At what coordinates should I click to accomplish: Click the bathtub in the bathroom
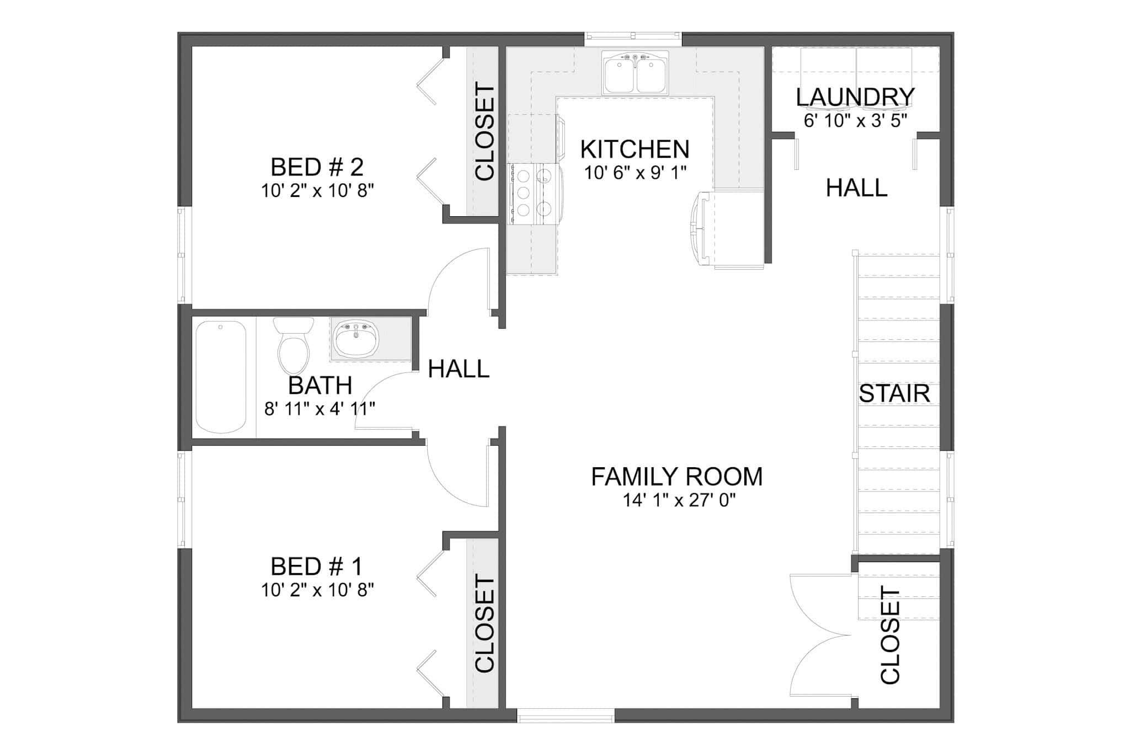pyautogui.click(x=221, y=377)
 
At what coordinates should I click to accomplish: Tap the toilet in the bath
pyautogui.click(x=294, y=346)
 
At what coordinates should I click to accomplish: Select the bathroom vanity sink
pyautogui.click(x=356, y=339)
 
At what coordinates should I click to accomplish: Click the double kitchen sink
pyautogui.click(x=635, y=74)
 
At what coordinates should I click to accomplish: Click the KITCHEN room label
pyautogui.click(x=635, y=149)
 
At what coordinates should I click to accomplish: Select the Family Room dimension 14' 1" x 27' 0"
pyautogui.click(x=679, y=500)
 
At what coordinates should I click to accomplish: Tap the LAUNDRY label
pyautogui.click(x=855, y=98)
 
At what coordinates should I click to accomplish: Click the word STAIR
pyautogui.click(x=894, y=394)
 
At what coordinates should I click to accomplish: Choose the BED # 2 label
pyautogui.click(x=317, y=167)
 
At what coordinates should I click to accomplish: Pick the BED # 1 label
pyautogui.click(x=317, y=567)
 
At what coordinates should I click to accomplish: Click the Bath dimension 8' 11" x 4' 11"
pyautogui.click(x=319, y=409)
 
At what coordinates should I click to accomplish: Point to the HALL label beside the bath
pyautogui.click(x=459, y=369)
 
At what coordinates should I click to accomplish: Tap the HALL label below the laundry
pyautogui.click(x=856, y=189)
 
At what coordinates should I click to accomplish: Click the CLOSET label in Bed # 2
pyautogui.click(x=484, y=132)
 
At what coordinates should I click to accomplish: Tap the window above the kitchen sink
pyautogui.click(x=633, y=36)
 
